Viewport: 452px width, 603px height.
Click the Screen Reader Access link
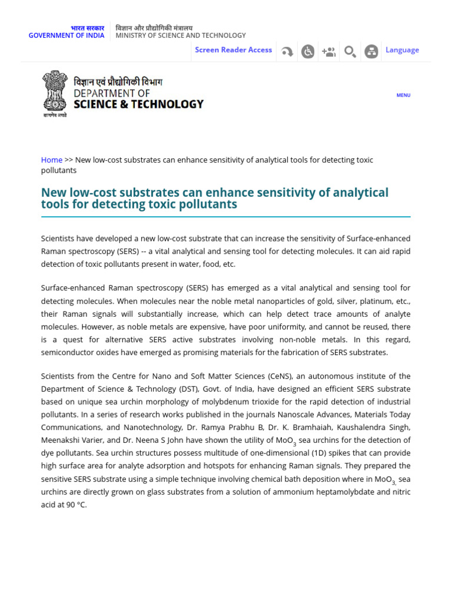(x=233, y=50)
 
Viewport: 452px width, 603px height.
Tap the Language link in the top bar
(x=402, y=50)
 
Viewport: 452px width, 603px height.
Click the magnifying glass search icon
(x=350, y=52)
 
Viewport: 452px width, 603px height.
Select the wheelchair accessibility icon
(x=308, y=52)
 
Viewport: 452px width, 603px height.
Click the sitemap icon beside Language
(x=371, y=52)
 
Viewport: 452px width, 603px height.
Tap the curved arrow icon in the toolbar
(x=287, y=52)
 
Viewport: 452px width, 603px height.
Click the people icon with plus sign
(x=328, y=52)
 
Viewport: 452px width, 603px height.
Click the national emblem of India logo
(x=55, y=93)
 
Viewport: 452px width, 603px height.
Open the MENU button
(x=403, y=95)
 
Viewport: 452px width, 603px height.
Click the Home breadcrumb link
(x=52, y=160)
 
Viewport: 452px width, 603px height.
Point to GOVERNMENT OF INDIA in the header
(x=67, y=35)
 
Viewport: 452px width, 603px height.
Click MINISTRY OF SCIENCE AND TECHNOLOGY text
(x=181, y=35)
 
